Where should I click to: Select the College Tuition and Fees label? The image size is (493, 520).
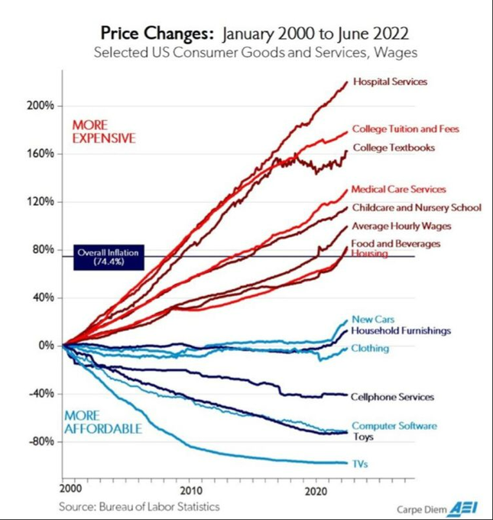[405, 129]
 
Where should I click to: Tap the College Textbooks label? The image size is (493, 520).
[393, 148]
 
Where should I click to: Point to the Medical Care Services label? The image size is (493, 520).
[398, 189]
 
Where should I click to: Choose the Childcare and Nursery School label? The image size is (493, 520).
[416, 207]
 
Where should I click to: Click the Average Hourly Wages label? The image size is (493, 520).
[401, 226]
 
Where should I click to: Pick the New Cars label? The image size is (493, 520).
[373, 319]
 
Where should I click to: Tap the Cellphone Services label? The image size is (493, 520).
[392, 397]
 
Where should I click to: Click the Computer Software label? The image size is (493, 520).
[394, 425]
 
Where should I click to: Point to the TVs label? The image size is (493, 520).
[359, 463]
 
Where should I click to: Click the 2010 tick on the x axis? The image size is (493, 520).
[190, 489]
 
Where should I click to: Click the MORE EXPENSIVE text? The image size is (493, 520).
[103, 132]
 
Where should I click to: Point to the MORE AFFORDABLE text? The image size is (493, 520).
[103, 422]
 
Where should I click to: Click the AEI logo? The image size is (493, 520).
[462, 506]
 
